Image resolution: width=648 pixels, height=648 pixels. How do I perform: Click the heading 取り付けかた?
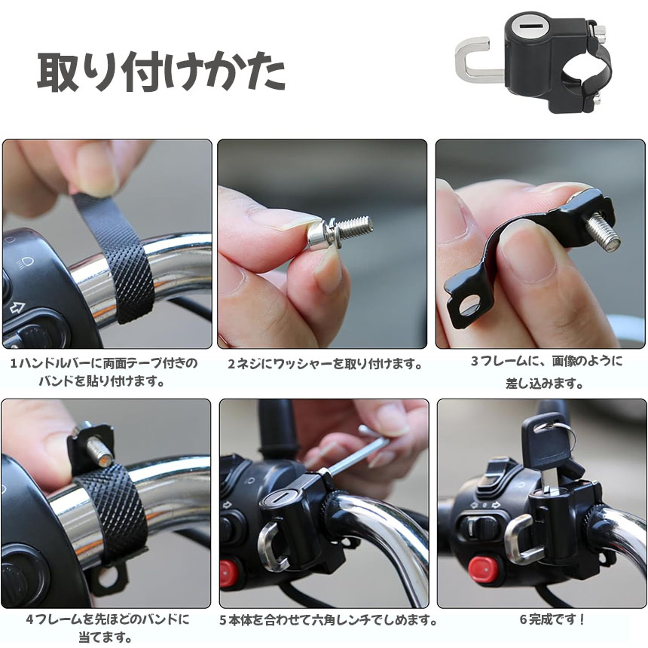pyautogui.click(x=161, y=72)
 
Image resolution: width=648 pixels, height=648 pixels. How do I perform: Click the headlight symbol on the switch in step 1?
pyautogui.click(x=24, y=262)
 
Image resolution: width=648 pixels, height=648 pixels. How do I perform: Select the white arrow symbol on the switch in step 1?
pyautogui.click(x=17, y=307)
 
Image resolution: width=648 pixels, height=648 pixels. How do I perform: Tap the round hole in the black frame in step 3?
pyautogui.click(x=469, y=307)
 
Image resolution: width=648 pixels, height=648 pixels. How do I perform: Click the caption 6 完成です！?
pyautogui.click(x=552, y=619)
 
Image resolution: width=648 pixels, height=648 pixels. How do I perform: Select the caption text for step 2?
pyautogui.click(x=326, y=364)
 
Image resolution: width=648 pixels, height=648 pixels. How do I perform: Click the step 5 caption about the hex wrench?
pyautogui.click(x=329, y=620)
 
